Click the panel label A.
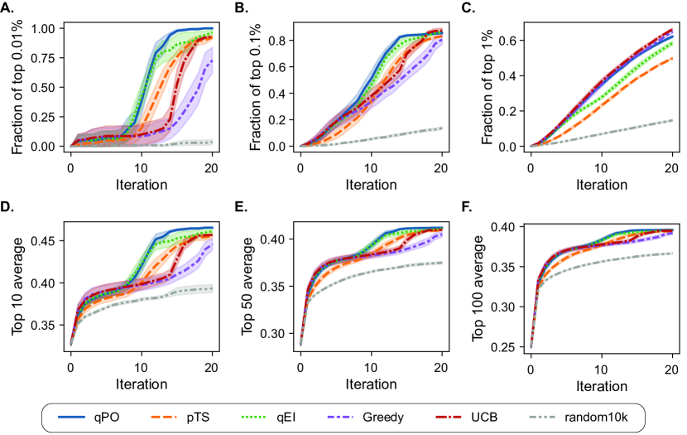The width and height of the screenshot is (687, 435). [9, 9]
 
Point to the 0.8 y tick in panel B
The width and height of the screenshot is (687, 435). [279, 40]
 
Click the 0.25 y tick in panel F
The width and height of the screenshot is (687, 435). [507, 346]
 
